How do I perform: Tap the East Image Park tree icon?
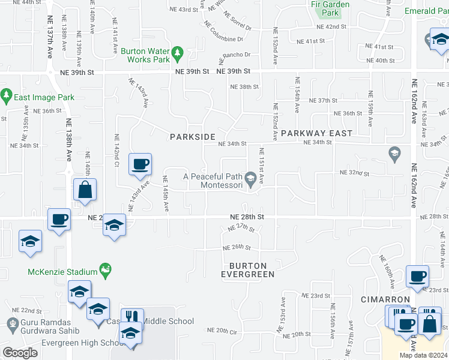point(7,95)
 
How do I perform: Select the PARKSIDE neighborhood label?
point(192,137)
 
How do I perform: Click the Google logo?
point(20,353)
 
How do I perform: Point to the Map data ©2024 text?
point(423,355)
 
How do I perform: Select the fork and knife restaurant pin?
point(132,317)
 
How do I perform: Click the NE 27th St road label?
point(242,228)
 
